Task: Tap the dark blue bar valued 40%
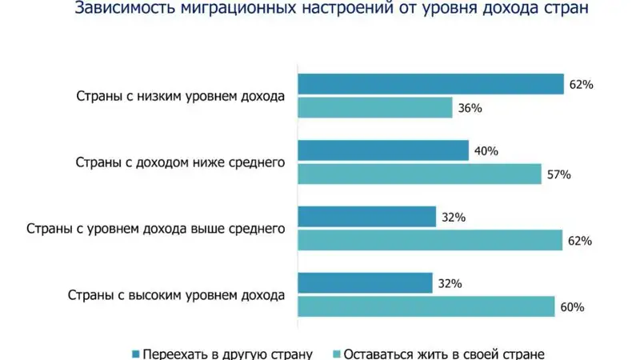pos(383,151)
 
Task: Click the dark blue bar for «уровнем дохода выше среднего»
pos(367,217)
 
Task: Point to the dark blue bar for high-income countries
pos(367,283)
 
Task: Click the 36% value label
pos(470,107)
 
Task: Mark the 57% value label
pos(559,174)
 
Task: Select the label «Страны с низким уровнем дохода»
pos(181,97)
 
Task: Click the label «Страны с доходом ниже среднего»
pos(181,163)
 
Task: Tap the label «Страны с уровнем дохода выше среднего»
pos(156,229)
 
